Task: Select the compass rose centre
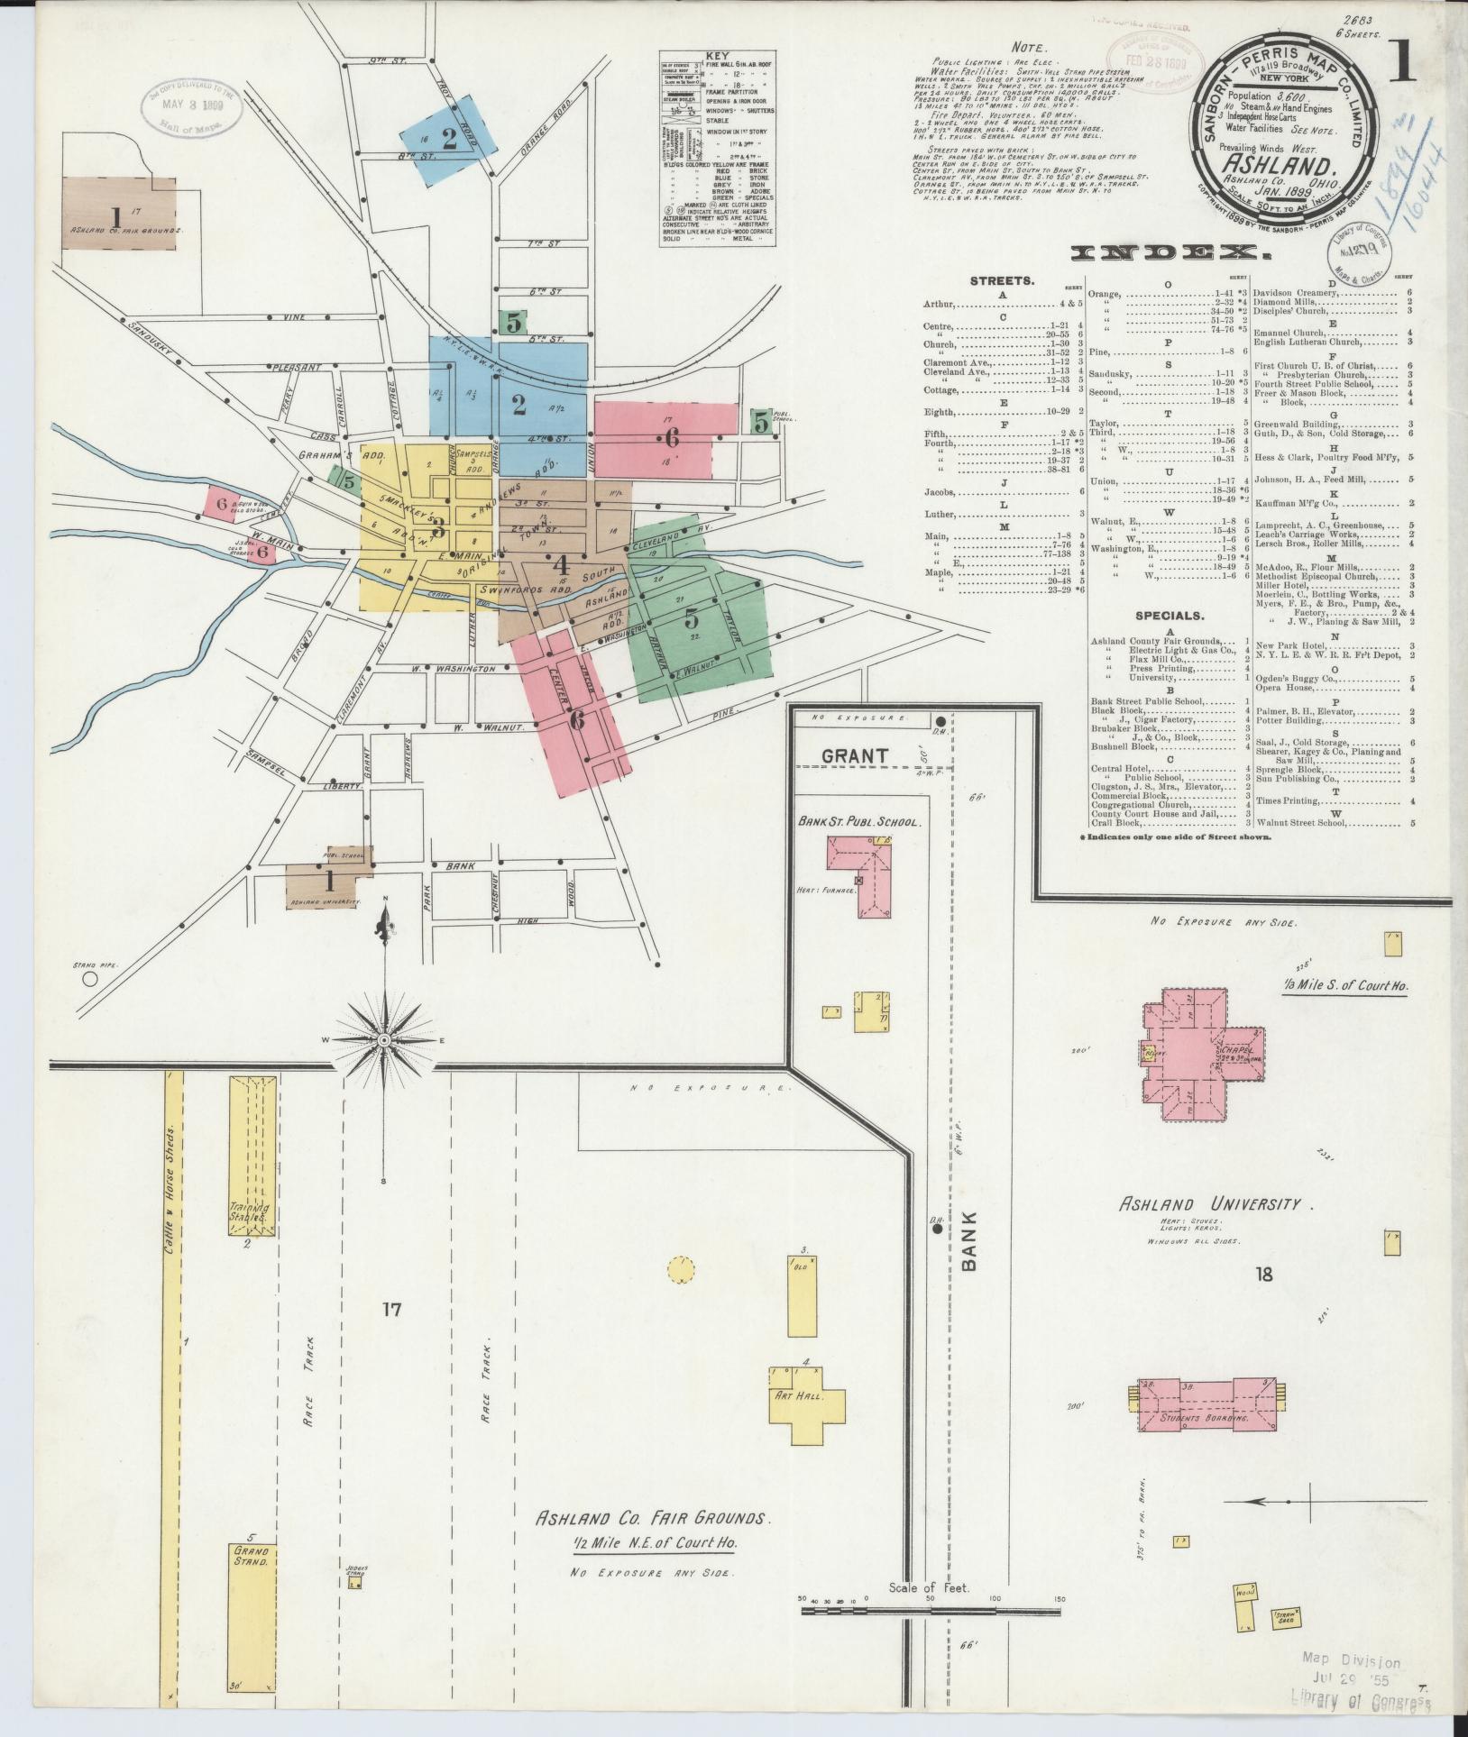point(385,1040)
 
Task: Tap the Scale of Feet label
point(929,1613)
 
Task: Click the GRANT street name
point(855,755)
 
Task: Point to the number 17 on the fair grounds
point(390,1309)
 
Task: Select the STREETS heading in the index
point(995,281)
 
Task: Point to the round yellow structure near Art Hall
point(683,1271)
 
